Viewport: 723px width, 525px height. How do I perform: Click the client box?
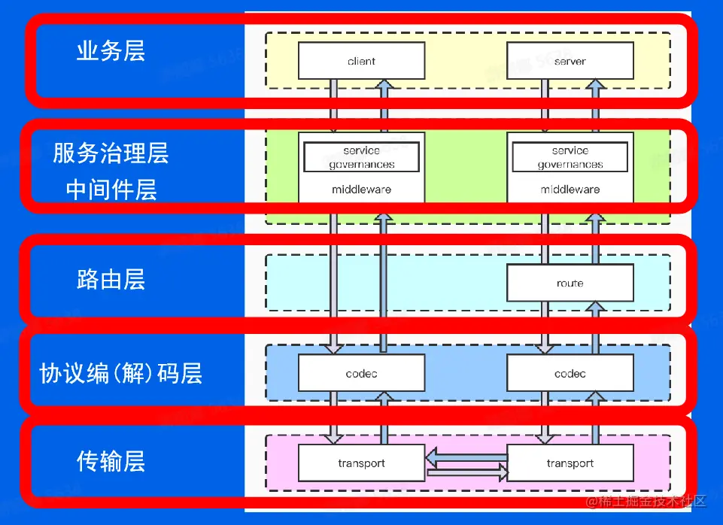pos(361,61)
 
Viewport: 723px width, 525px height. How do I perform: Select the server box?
pos(570,61)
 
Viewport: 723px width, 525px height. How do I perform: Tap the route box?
pos(570,283)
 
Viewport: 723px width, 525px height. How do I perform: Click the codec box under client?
pos(361,373)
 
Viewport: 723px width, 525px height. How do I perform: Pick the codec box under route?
pos(570,373)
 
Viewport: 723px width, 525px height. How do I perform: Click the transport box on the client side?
pos(361,463)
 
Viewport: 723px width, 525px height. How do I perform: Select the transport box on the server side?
pos(570,463)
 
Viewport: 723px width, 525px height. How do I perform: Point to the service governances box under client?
pos(361,157)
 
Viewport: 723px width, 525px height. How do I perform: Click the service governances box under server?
pos(570,157)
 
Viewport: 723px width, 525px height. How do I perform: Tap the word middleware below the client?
pos(361,190)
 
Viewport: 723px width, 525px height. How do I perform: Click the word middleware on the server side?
pos(570,190)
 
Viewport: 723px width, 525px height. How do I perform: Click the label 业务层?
pos(111,51)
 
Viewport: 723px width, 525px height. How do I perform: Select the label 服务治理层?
pos(111,153)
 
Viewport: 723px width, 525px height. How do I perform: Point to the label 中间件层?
pos(111,190)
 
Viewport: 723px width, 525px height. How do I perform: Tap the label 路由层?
pos(111,281)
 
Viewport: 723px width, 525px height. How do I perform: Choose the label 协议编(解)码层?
pos(120,374)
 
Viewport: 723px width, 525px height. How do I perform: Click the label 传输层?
pos(111,461)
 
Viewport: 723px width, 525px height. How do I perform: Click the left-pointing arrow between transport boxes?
pos(466,456)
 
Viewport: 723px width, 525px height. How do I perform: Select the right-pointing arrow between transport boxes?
pos(466,472)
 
